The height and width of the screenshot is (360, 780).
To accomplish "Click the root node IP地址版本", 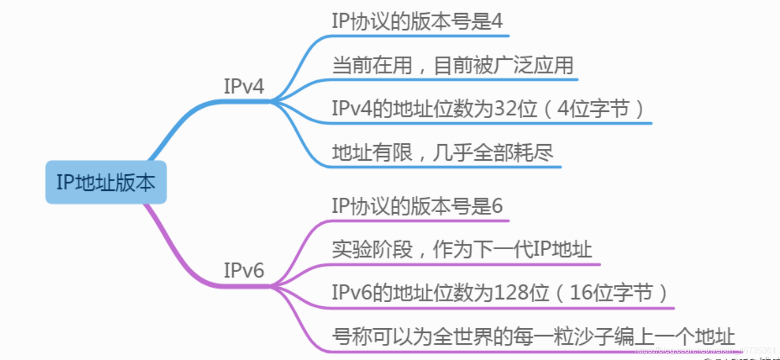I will (x=106, y=183).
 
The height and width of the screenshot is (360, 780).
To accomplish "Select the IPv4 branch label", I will (x=244, y=86).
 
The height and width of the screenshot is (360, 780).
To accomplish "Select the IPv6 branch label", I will (x=244, y=271).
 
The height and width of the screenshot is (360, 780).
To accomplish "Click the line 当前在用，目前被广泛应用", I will (x=452, y=66).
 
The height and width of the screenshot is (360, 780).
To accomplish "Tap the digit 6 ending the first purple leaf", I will (x=497, y=207).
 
